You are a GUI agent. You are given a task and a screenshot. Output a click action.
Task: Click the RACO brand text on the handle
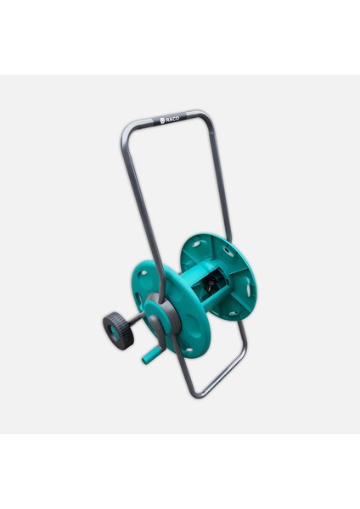pos(172,120)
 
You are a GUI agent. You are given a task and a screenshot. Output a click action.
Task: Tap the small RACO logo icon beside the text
pos(163,121)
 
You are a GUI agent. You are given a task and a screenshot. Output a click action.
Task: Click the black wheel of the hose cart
pos(118,331)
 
